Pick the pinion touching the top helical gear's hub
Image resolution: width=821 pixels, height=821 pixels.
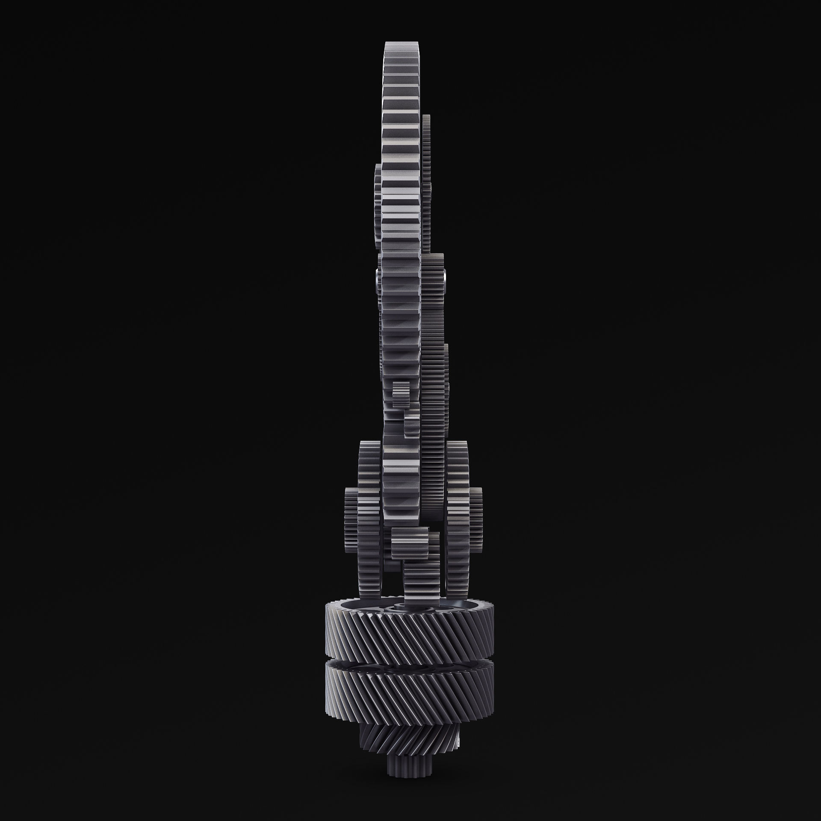click(x=421, y=582)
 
